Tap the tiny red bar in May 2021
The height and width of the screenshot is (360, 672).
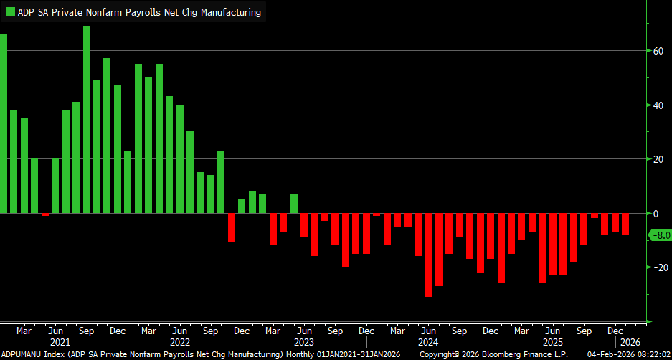coord(45,214)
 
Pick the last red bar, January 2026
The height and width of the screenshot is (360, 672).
coord(625,224)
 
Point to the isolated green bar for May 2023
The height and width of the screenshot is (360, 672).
coord(293,204)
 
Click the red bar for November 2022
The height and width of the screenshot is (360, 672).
coord(231,227)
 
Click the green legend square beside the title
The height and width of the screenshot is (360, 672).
coord(11,11)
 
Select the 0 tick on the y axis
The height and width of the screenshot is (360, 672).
coord(654,214)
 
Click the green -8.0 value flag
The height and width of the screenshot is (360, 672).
coord(659,235)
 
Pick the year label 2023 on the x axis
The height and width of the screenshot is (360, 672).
coord(304,342)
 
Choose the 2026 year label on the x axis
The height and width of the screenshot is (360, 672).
coord(630,342)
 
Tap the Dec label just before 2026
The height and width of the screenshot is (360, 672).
coord(615,331)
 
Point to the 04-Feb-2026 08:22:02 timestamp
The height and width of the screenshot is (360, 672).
coord(628,355)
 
